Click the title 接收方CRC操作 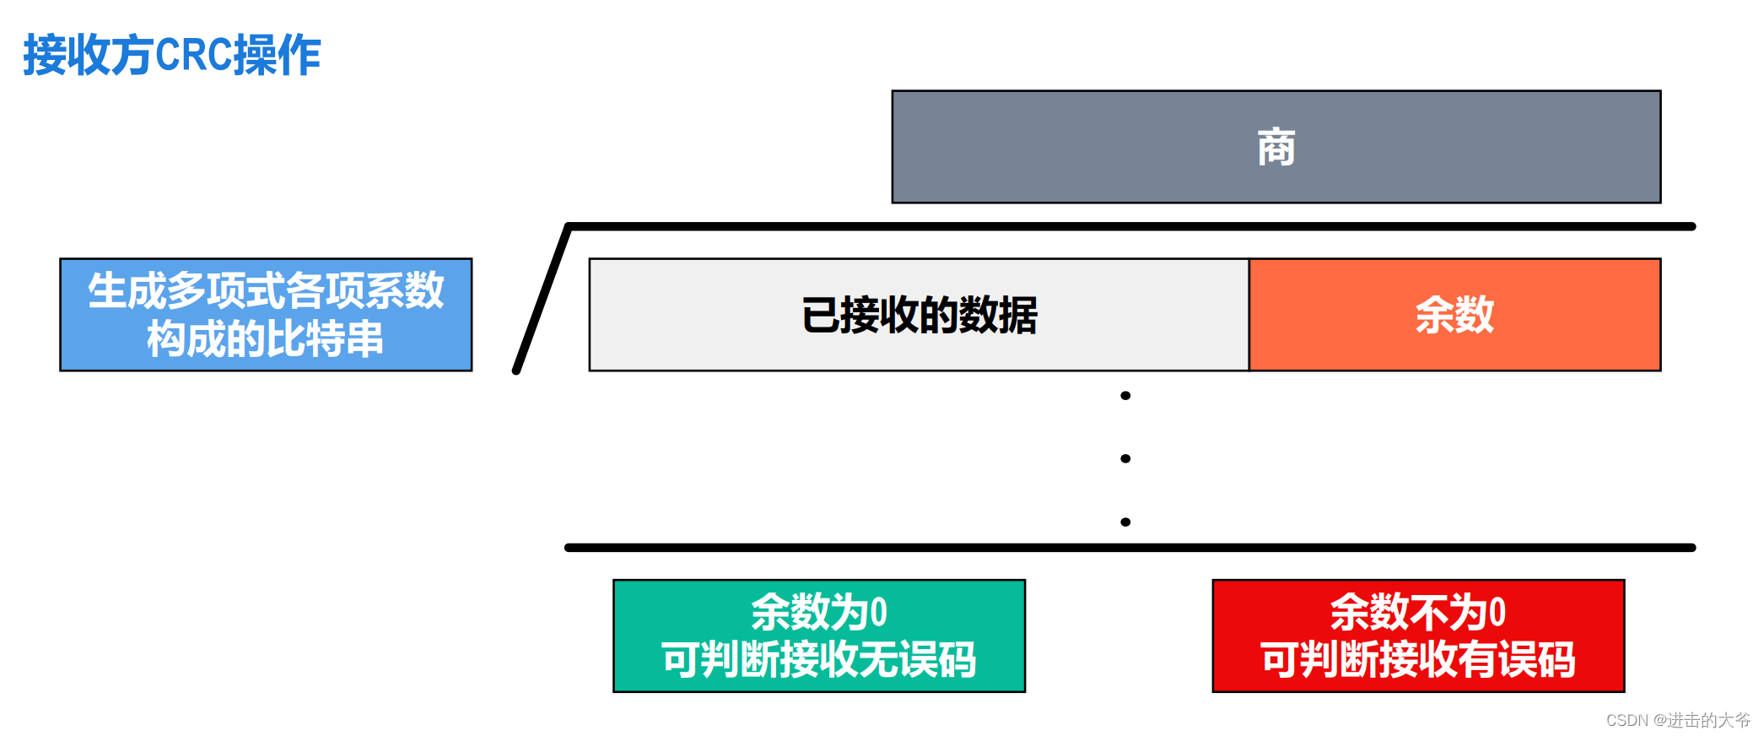point(171,56)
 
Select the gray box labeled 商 point(1097,147)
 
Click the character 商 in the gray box point(1276,148)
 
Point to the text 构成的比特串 point(266,339)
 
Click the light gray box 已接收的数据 point(919,315)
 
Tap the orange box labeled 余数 point(1454,315)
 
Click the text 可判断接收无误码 point(818,660)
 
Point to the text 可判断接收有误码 point(1418,660)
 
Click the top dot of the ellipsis point(1125,396)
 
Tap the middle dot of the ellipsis point(1125,459)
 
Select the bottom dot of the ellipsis point(1125,522)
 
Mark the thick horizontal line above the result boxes point(1130,548)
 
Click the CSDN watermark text point(1677,720)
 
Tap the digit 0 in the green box point(878,613)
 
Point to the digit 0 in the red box point(1497,613)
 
